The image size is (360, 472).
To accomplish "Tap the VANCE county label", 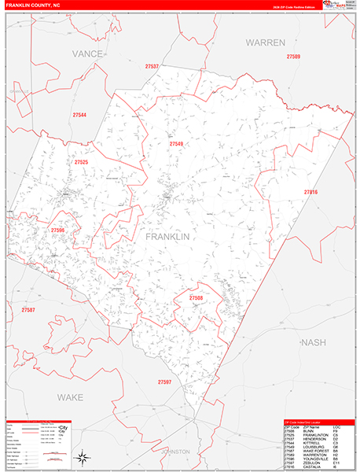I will click(x=87, y=53).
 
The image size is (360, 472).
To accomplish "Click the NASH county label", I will click(x=314, y=342).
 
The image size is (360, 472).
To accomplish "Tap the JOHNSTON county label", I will click(x=175, y=452).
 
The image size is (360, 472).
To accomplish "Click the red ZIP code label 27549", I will click(x=176, y=144).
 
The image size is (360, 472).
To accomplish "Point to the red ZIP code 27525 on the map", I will click(x=81, y=162).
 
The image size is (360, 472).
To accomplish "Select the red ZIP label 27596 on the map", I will click(x=57, y=230).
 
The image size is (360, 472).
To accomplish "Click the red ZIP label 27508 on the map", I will click(x=195, y=298).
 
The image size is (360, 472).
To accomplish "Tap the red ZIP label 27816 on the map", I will click(x=310, y=192).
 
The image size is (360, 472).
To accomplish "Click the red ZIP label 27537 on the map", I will click(x=152, y=67).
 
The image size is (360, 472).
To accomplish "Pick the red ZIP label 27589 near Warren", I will click(x=293, y=57).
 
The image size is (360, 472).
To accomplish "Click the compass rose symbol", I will click(x=82, y=456).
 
